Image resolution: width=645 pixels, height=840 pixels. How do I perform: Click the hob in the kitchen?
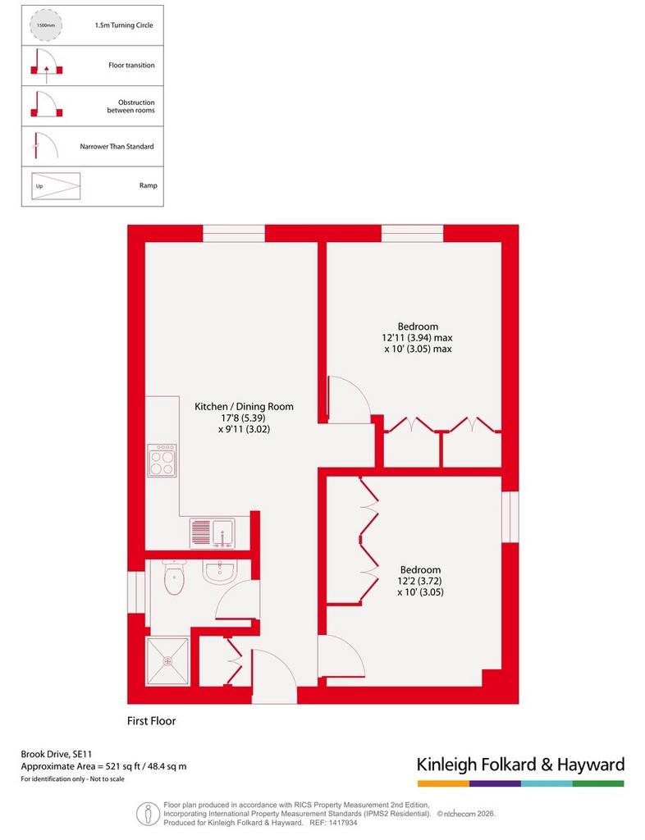162,461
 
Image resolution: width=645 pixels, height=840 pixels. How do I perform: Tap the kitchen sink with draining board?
213,533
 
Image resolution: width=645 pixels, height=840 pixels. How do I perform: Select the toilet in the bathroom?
174,577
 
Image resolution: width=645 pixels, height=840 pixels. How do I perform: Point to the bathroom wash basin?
220,572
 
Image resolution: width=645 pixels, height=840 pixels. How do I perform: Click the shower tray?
168,660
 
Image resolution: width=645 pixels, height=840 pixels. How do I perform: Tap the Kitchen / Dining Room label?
244,407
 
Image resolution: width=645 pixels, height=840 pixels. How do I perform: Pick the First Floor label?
152,721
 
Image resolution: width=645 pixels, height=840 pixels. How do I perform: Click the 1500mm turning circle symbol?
45,25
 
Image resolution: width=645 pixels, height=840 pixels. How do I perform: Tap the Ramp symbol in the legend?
56,186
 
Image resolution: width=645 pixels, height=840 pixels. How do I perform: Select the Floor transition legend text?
131,66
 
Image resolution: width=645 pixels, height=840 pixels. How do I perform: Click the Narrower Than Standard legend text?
117,146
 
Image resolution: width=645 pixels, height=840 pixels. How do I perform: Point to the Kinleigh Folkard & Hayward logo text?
521,765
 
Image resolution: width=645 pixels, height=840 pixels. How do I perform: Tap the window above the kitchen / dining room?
234,234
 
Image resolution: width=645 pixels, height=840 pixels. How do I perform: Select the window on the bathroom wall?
136,592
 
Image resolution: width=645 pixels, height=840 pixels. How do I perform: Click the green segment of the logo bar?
598,783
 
